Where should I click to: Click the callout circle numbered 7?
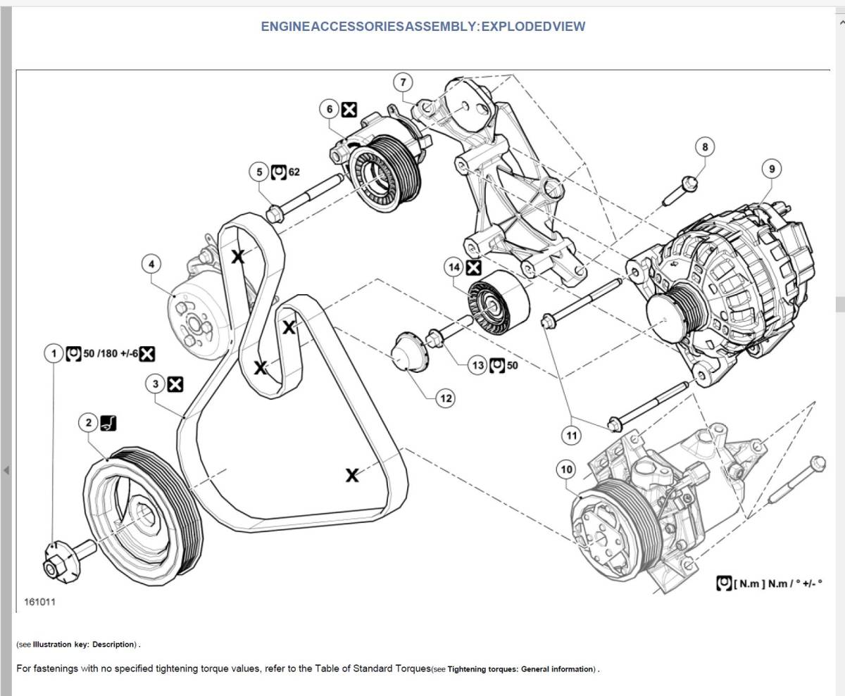coord(403,82)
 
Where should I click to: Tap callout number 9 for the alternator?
coord(771,169)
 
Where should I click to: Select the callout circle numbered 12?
coord(446,398)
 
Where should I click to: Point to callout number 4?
coord(151,264)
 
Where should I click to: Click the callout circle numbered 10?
coord(566,469)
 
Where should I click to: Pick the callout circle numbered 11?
coord(571,436)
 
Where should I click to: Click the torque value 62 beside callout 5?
coord(294,172)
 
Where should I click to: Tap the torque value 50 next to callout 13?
coord(513,365)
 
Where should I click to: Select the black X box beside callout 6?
coord(349,110)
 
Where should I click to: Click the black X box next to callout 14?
coord(473,267)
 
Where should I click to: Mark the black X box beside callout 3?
coord(175,384)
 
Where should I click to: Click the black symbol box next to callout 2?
coord(108,423)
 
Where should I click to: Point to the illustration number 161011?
coord(39,602)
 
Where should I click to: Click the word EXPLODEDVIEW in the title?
coord(533,26)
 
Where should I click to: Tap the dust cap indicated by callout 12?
coord(410,351)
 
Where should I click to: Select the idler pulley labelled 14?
coord(499,303)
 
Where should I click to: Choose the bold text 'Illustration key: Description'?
coord(83,644)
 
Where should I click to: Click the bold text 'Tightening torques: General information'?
coord(521,669)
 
